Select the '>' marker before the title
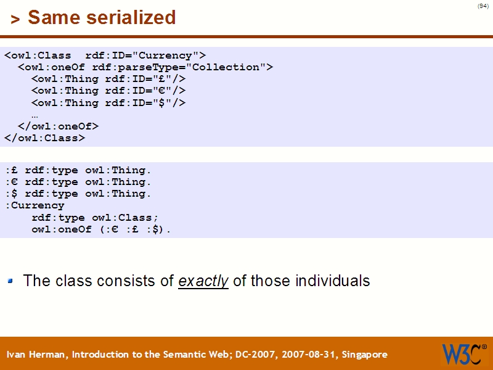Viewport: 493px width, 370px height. coord(15,19)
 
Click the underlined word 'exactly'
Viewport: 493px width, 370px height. coord(203,281)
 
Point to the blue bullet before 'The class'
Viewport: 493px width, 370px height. coord(10,281)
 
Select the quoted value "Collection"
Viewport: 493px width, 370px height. coord(229,67)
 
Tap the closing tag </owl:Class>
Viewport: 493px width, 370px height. coord(45,138)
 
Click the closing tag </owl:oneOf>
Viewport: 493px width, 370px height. coord(59,126)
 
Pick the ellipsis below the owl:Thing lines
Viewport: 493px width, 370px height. coord(35,115)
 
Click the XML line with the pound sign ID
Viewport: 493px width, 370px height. coord(108,79)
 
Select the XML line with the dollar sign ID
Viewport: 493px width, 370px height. coord(108,103)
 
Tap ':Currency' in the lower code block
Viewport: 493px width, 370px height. coord(35,205)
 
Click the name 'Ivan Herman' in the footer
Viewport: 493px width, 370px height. coord(38,355)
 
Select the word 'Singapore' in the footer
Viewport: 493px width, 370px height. coord(365,355)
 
